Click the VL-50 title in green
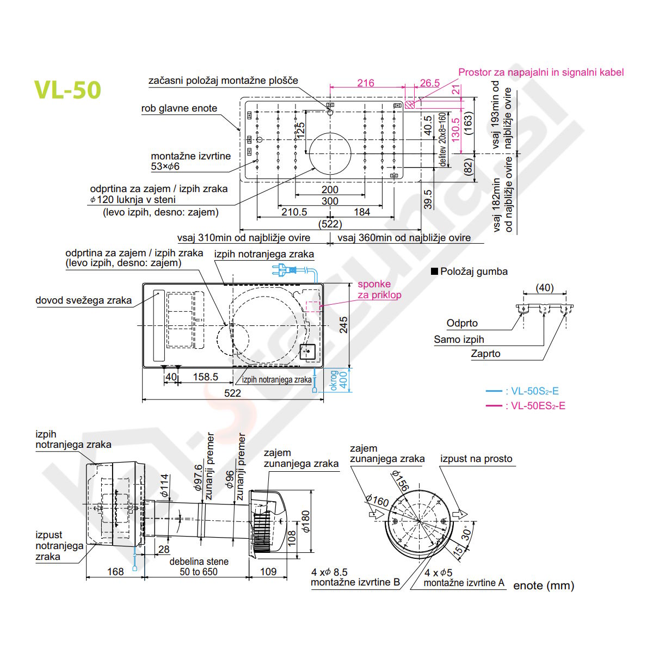click(x=67, y=90)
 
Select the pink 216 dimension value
click(x=365, y=83)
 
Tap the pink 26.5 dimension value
click(x=429, y=83)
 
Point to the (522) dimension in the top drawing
click(x=330, y=224)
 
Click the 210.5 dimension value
click(x=294, y=212)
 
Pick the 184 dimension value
click(x=362, y=212)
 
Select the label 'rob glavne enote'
click(x=179, y=108)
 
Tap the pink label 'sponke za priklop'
click(x=379, y=289)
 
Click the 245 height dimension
click(x=343, y=325)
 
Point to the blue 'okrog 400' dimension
click(x=338, y=380)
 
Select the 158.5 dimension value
click(x=205, y=377)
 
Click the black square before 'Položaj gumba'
click(x=434, y=271)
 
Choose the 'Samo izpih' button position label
click(x=459, y=339)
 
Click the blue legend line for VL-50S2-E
click(x=494, y=391)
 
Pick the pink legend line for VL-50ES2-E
click(x=494, y=405)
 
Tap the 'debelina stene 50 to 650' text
click(x=199, y=566)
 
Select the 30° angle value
click(x=467, y=534)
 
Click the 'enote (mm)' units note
click(x=543, y=586)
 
